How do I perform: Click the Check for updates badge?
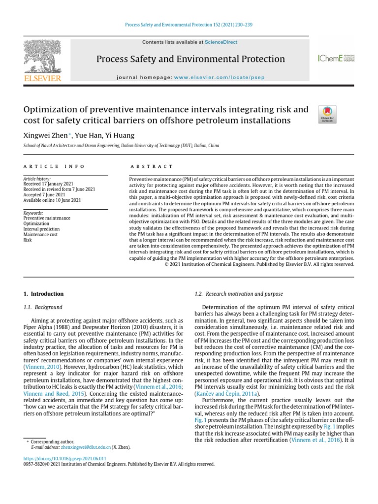pos(327,114)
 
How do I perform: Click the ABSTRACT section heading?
pos(151,167)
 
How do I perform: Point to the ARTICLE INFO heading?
pos(54,167)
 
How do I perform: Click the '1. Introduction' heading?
pos(44,294)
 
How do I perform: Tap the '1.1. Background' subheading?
pos(43,307)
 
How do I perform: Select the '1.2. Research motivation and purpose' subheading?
pos(239,294)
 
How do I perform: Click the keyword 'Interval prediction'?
pos(41,229)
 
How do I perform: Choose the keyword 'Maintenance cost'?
pos(40,235)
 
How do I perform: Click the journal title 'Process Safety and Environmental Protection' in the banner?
pos(190,59)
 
